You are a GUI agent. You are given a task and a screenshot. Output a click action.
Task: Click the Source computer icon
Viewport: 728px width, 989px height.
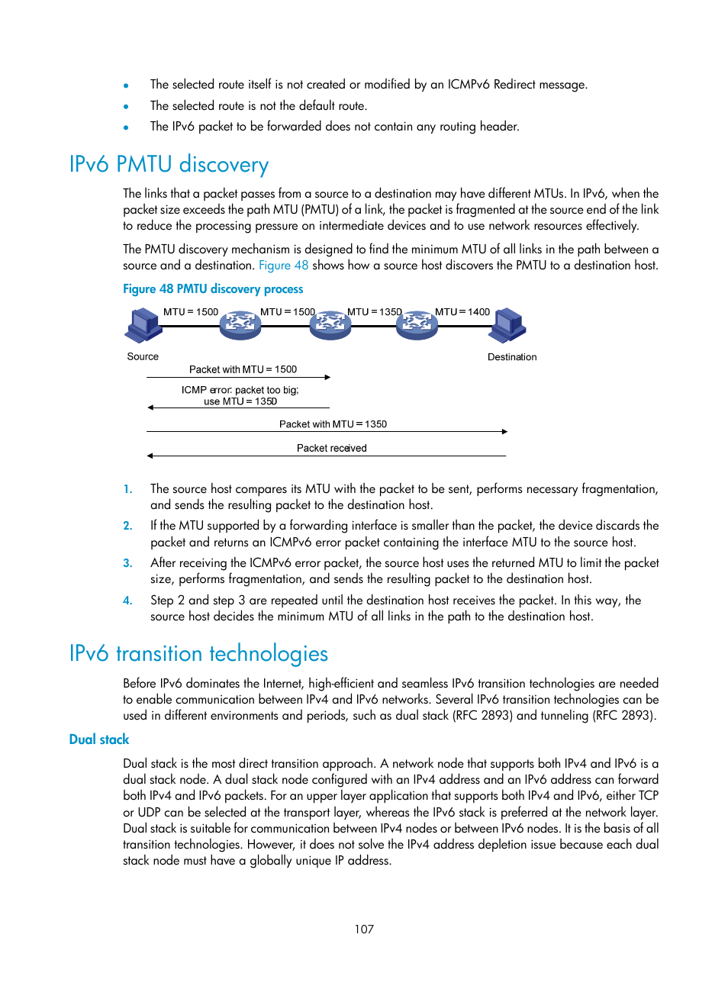(143, 326)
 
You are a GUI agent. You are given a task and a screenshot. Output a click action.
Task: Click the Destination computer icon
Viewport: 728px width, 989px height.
(507, 326)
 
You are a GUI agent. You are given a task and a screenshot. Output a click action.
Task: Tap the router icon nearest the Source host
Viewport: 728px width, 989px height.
(240, 325)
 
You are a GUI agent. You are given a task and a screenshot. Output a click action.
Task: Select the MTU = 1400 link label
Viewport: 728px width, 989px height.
(462, 312)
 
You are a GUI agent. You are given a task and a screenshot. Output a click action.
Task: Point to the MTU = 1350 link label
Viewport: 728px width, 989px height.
(375, 312)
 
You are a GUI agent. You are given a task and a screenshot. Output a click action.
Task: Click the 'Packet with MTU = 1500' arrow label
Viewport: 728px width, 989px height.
(243, 369)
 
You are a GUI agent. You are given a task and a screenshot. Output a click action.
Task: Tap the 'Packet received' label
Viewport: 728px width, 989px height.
(331, 448)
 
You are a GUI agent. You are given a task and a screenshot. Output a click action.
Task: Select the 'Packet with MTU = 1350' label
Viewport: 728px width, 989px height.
(333, 424)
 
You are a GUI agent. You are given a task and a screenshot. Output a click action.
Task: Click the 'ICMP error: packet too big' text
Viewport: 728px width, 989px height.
(240, 390)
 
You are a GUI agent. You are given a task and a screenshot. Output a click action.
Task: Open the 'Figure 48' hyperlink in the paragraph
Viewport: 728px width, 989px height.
(283, 266)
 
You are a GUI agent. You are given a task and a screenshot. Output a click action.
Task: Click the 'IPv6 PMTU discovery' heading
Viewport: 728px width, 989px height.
(169, 165)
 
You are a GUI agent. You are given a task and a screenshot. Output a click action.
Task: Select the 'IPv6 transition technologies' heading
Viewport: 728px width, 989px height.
(198, 653)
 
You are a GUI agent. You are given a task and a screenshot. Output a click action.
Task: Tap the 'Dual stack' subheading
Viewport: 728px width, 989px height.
(99, 739)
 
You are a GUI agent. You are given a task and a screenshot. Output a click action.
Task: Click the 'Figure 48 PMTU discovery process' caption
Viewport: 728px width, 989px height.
(213, 289)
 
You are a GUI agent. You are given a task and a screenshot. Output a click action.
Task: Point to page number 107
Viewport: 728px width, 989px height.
(364, 929)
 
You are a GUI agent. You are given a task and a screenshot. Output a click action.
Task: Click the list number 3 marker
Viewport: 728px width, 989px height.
(127, 563)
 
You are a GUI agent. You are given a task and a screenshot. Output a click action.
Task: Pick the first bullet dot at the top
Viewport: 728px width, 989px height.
(126, 85)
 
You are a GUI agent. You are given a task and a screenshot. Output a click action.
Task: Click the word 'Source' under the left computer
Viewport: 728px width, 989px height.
(143, 356)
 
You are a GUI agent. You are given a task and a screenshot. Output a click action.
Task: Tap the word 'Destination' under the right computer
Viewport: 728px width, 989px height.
(512, 356)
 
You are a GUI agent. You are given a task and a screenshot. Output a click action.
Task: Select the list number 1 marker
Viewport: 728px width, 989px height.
(127, 489)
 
